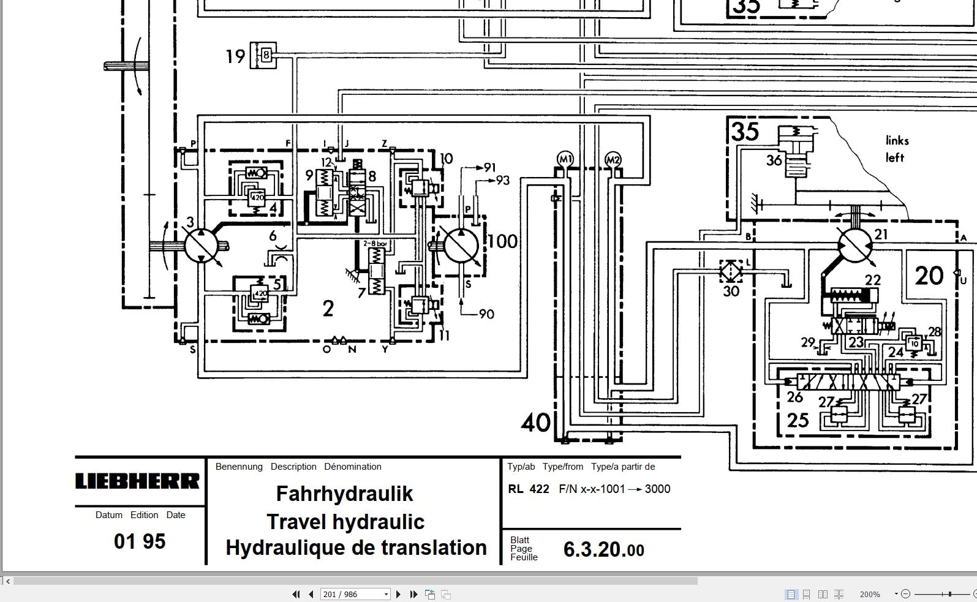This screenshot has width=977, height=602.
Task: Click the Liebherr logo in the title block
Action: (137, 481)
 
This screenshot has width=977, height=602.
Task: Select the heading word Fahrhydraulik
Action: (344, 494)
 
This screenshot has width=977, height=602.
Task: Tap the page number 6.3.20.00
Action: (603, 549)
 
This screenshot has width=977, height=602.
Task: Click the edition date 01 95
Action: (140, 541)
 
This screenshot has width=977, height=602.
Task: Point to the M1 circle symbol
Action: (565, 159)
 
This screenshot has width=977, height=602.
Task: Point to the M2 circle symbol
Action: (613, 160)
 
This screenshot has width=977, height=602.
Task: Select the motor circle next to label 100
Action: (461, 245)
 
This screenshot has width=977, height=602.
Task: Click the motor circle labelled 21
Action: (855, 245)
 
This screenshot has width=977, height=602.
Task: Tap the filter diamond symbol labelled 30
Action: (731, 271)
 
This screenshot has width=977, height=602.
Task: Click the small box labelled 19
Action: (264, 56)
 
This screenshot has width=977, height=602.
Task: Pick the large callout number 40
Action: (535, 423)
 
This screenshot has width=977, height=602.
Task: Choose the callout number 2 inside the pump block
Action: (328, 309)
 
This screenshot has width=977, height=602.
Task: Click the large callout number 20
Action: (929, 276)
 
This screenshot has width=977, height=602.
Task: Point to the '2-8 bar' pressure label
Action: (375, 243)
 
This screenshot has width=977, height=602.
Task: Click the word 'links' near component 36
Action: (897, 140)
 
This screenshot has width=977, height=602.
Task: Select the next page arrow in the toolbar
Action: (399, 594)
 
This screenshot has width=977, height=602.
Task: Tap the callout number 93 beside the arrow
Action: (503, 180)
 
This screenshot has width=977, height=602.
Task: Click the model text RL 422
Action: (529, 489)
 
